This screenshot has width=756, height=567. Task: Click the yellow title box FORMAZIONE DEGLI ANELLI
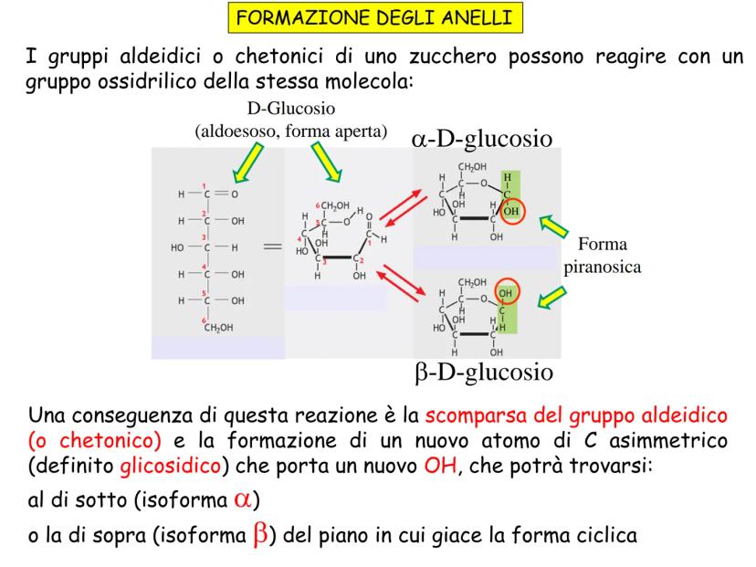coord(375,18)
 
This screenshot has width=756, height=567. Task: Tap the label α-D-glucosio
coord(482,139)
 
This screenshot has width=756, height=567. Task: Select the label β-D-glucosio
coord(484,373)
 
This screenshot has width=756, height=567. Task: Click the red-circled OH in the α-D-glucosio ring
coord(511,211)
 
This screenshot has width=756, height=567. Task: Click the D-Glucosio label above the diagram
coord(291,108)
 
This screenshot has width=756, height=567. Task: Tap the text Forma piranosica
coord(603,255)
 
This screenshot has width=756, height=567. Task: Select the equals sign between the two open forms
coord(272,247)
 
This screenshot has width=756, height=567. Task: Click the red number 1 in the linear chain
coord(204,185)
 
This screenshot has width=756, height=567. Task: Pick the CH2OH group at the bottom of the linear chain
coord(218,328)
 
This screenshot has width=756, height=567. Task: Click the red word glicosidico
coord(170,466)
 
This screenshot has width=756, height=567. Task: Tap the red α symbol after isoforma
coord(243,499)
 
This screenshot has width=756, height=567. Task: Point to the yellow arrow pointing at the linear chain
coord(248,163)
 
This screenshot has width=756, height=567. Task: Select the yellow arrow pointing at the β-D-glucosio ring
coord(552,297)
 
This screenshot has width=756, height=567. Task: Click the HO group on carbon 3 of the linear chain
coord(177,247)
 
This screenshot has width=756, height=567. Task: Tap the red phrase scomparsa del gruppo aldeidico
coord(576,415)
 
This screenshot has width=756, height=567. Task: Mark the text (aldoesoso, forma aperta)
coord(290,131)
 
